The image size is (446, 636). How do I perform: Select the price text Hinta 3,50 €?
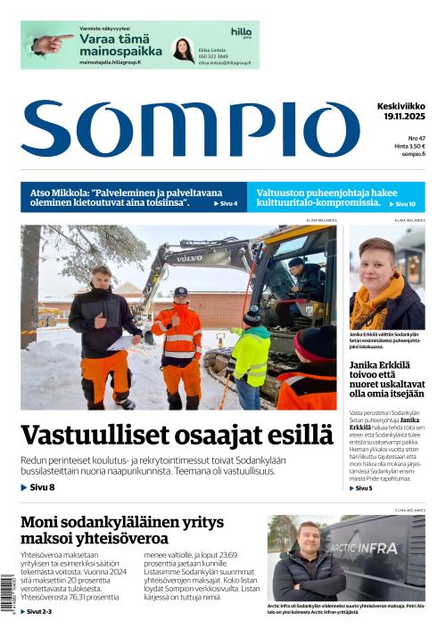pos(409,146)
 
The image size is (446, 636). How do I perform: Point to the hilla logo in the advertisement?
pos(241,32)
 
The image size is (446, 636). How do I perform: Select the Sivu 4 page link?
pos(226,204)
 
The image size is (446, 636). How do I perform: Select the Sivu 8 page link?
pos(37,487)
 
